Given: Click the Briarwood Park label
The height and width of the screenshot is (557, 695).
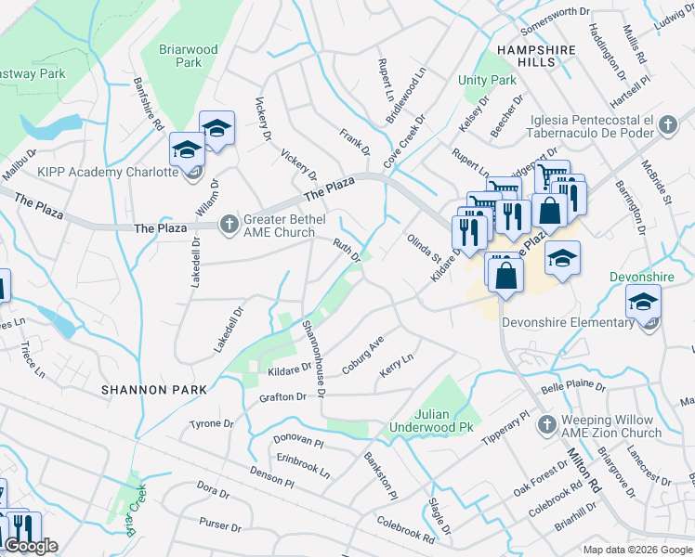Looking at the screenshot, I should click(188, 56).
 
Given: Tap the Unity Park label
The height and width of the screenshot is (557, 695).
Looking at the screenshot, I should click(488, 81).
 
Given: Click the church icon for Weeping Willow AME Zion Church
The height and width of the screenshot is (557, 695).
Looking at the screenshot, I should click(547, 424).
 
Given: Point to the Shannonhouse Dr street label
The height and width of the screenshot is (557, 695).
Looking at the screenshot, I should click(314, 357).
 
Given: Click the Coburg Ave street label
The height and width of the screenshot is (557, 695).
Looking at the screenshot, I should click(362, 356).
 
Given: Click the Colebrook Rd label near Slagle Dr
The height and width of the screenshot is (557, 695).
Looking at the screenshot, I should click(405, 531).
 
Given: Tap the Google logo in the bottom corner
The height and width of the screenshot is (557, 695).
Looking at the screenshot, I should click(31, 546).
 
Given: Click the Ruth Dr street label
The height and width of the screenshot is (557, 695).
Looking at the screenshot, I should click(347, 249).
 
